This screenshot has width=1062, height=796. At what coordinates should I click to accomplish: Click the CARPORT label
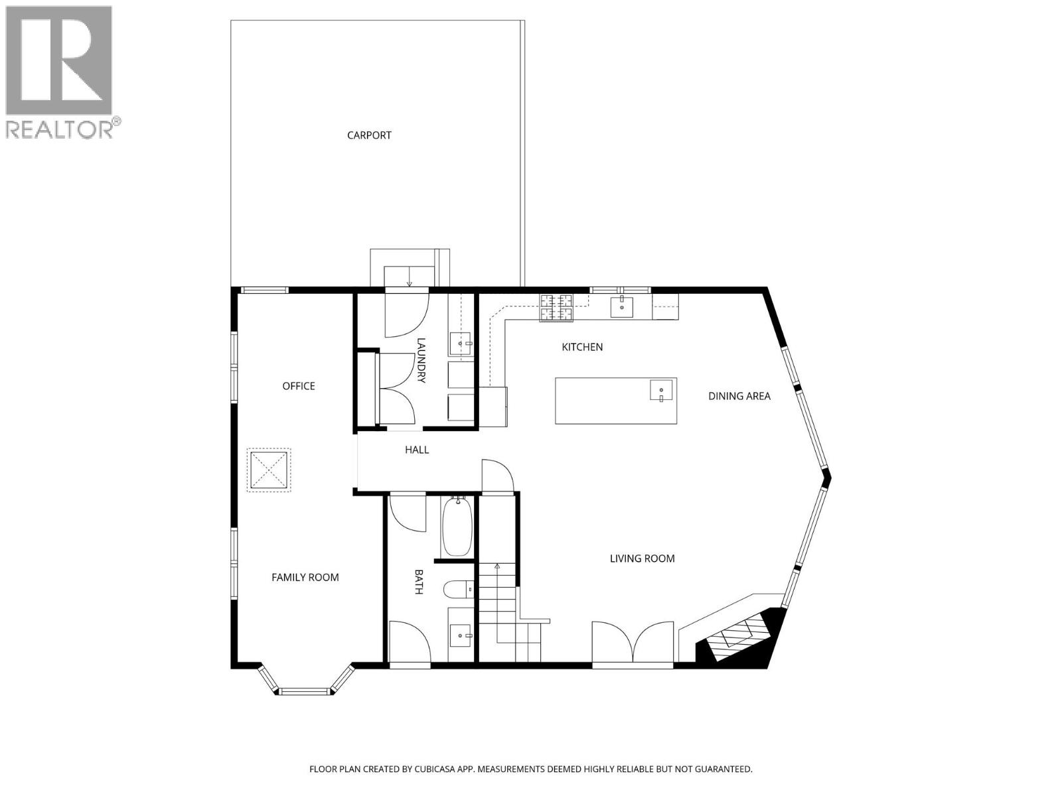coord(369,135)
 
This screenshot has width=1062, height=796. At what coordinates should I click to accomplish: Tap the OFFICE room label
coord(299,386)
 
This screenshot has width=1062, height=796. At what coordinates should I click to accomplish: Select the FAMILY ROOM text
coord(305,577)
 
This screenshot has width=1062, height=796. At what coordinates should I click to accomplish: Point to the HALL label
coord(417,450)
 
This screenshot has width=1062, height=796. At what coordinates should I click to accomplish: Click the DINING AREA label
coord(739,396)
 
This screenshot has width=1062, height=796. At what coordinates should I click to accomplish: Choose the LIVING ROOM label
coord(642,559)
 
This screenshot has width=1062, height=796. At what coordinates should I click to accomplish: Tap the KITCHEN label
coord(582,347)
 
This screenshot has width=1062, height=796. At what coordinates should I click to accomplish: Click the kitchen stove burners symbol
coord(556,307)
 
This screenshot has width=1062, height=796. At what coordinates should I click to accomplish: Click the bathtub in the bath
coord(456,527)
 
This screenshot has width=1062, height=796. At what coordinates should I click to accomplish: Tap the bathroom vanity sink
coord(461,635)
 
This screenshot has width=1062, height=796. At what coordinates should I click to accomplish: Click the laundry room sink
coord(461,344)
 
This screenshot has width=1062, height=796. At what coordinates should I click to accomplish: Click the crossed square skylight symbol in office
coord(269,470)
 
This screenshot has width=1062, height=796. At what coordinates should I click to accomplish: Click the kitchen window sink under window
coord(621,306)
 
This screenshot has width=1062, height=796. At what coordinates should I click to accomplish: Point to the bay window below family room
coord(305,691)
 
